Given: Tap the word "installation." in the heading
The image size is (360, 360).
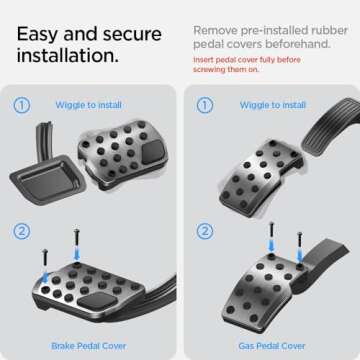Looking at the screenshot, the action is tap(68, 56).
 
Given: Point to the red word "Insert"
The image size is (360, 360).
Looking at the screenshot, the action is tap(203, 60).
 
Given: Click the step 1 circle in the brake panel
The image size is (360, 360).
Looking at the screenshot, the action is tap(22, 105).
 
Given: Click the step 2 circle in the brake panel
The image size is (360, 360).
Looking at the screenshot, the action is tap(22, 232).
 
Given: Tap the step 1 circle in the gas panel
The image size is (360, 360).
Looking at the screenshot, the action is tap(205, 105).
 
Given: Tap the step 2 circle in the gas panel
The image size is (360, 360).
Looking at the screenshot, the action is tap(205, 232).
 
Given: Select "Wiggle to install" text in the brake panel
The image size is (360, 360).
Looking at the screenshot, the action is tap(88, 105).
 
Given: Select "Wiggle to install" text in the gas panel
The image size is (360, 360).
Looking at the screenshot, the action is tap(273, 105).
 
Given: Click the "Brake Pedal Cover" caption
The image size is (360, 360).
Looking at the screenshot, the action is tap(89, 346).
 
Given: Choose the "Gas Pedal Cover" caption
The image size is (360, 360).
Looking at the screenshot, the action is tap(272, 346).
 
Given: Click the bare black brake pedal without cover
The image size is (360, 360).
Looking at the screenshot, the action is tap(47, 177).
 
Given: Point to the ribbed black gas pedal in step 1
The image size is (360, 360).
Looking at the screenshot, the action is tap(331, 126).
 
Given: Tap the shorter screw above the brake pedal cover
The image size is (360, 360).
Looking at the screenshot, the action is tap(45, 263).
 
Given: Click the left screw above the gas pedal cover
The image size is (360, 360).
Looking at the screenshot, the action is tap(272, 238).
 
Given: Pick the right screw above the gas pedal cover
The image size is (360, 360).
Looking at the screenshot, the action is tap(300, 247).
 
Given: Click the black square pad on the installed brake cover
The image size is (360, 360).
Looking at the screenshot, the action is tap(97, 300).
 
